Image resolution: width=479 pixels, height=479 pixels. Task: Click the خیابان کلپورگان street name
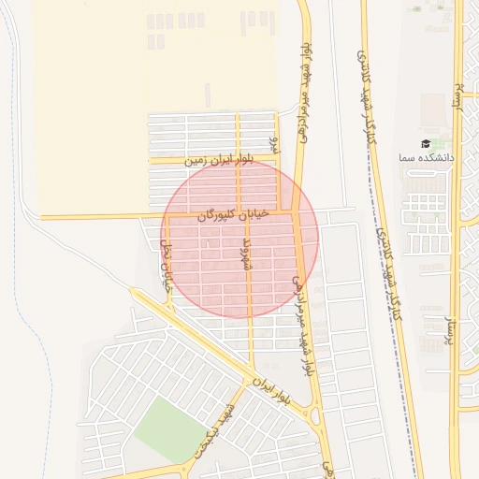click(232, 215)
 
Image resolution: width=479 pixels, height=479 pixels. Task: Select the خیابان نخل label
click(167, 266)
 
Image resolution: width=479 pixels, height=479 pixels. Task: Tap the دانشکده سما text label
click(427, 158)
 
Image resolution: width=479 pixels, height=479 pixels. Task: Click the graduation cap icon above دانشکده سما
click(427, 144)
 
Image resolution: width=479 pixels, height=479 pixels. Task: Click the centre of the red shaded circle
click(239, 238)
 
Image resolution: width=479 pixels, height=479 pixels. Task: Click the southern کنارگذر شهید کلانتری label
click(394, 281)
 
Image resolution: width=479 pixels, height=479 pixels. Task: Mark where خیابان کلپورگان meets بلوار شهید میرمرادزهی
click(295, 213)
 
